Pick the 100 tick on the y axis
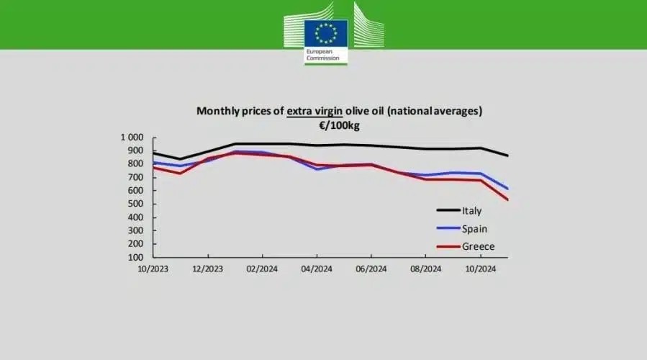coord(136,257)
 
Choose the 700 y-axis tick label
coord(136,177)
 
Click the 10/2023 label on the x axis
coord(154,269)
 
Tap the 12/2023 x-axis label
coord(208,269)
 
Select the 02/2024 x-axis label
coord(263,269)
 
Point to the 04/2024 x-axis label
coord(317,269)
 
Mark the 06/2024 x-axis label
coord(371,269)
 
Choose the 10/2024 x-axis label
coord(480,269)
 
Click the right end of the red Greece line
coord(507,199)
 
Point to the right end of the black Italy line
coord(507,156)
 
